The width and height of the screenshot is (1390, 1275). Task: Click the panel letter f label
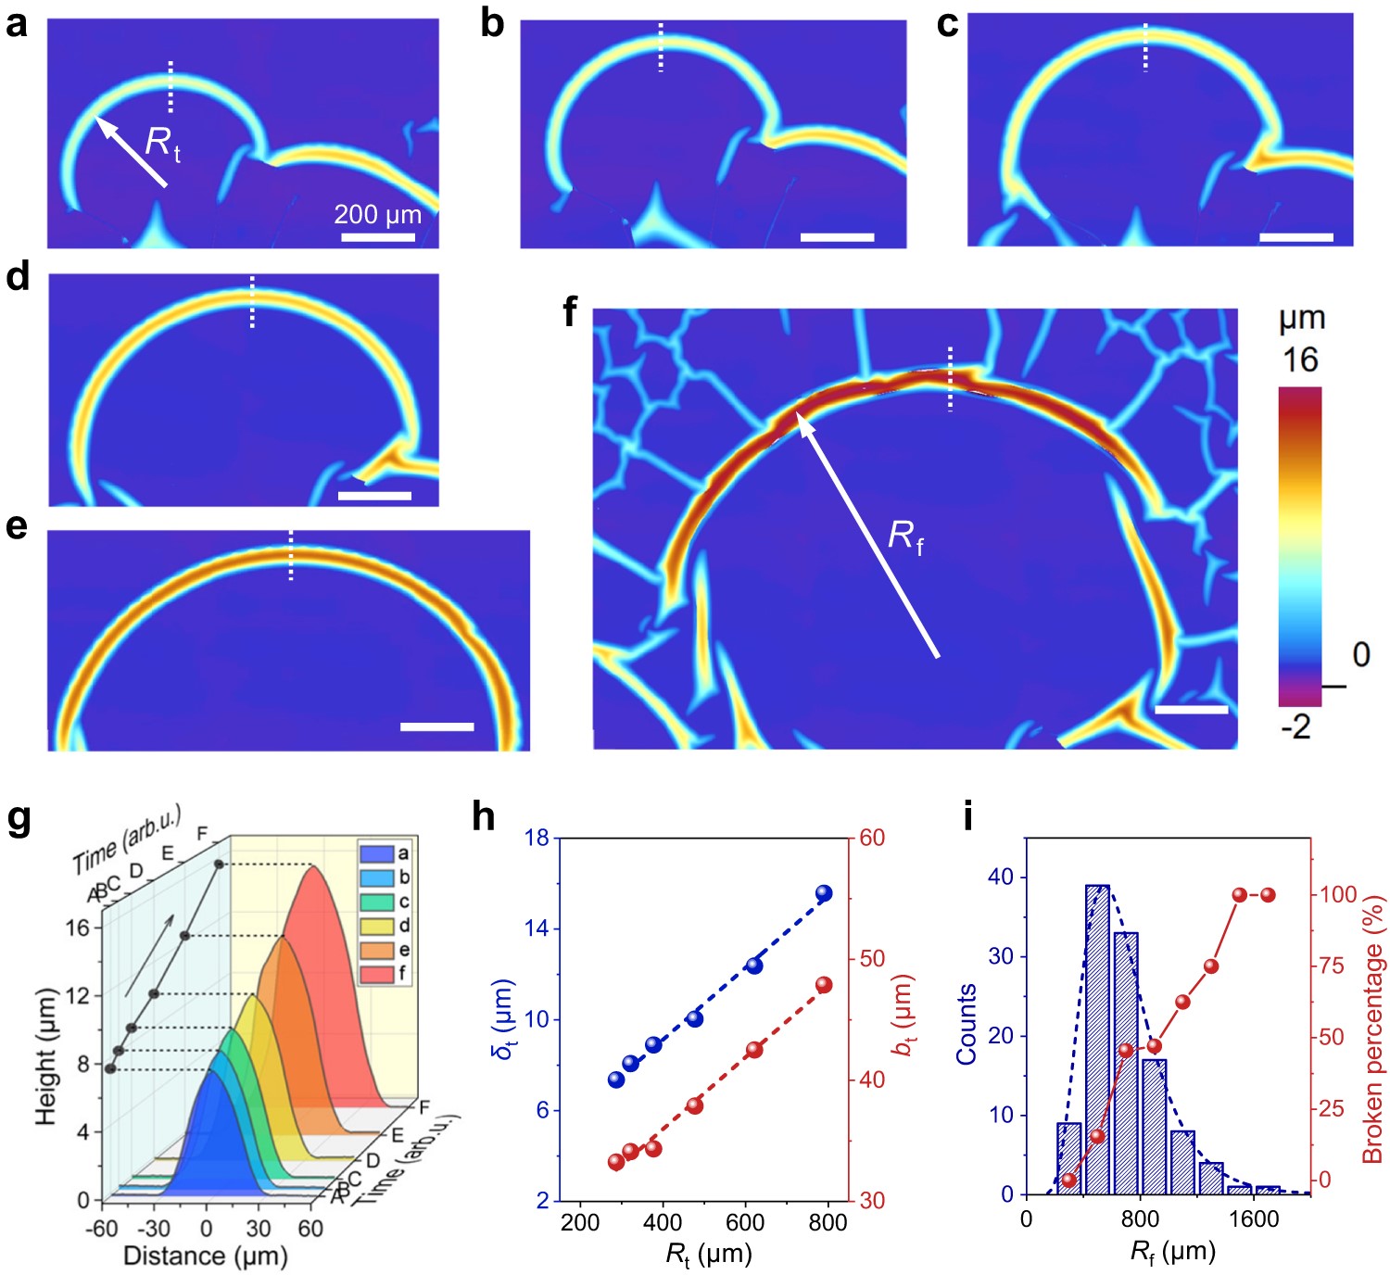(x=571, y=314)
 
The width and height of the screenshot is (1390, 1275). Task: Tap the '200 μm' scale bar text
(x=377, y=215)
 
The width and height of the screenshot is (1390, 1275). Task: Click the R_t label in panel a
(x=163, y=144)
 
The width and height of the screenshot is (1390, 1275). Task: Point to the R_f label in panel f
(x=905, y=537)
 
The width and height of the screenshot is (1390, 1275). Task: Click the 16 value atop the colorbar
(x=1299, y=360)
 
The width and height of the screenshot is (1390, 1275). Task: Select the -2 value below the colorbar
(x=1295, y=727)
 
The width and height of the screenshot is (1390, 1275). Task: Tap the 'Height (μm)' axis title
(x=45, y=1057)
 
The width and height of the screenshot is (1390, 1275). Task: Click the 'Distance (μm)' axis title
(x=206, y=1256)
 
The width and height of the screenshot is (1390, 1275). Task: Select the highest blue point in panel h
(x=824, y=893)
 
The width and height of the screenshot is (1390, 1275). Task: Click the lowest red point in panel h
(x=617, y=1162)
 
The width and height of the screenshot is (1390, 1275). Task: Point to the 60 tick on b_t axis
(x=872, y=838)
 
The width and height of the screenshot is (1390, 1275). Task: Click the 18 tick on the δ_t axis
(x=537, y=838)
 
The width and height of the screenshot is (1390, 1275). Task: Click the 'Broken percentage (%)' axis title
(x=1372, y=1029)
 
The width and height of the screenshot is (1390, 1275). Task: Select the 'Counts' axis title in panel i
(x=967, y=1024)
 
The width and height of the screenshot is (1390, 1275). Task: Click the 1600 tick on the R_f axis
(x=1254, y=1219)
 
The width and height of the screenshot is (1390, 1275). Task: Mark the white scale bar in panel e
(x=436, y=727)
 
